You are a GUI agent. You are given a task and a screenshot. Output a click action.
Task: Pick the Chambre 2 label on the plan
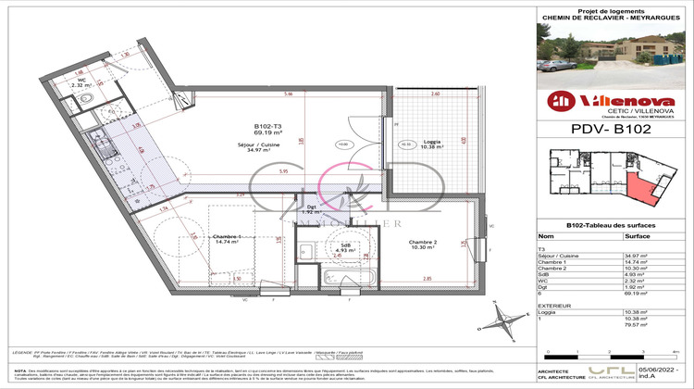424,244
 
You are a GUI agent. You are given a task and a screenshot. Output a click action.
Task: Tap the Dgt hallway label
311,208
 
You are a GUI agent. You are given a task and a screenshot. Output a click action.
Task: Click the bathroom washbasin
305,248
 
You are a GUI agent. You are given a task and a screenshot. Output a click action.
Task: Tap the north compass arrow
508,318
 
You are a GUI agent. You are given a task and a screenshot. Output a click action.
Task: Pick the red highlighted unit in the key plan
638,189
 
